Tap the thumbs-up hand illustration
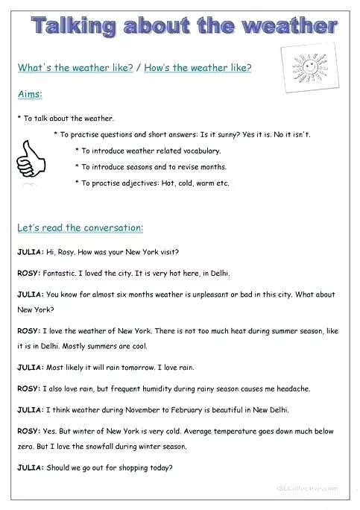click(x=34, y=158)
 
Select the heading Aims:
click(x=30, y=95)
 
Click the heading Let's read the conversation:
click(x=80, y=227)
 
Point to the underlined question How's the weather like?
click(x=198, y=68)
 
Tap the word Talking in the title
click(x=74, y=27)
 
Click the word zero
click(x=26, y=447)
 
